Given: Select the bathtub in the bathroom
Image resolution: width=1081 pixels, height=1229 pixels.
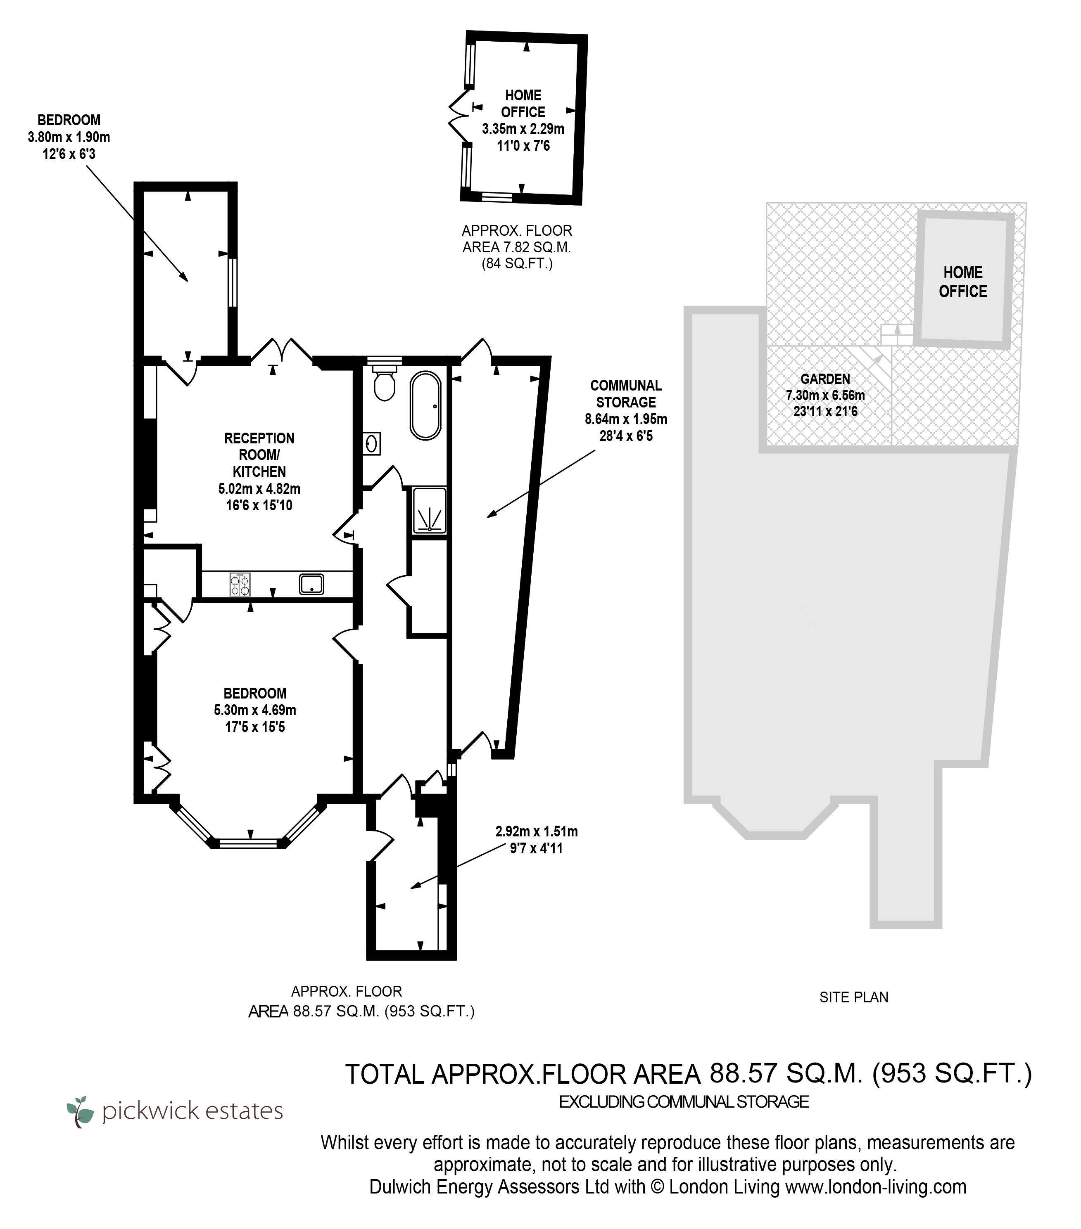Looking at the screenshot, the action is [425, 406].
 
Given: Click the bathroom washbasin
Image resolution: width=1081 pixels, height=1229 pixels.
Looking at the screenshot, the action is [372, 444].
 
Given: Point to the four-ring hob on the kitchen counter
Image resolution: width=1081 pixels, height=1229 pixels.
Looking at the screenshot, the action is [240, 585].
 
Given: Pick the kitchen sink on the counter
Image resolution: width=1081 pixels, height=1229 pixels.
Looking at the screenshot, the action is [311, 584].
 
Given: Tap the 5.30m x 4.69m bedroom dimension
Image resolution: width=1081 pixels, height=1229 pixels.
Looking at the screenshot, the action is [255, 710].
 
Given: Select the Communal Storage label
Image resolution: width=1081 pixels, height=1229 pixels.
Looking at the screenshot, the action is [626, 394].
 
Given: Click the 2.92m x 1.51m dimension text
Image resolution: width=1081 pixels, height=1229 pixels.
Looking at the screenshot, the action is [537, 831].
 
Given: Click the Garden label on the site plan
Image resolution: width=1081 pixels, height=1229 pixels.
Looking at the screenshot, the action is [825, 379].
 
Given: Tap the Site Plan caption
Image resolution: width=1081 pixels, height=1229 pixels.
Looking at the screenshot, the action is [854, 997].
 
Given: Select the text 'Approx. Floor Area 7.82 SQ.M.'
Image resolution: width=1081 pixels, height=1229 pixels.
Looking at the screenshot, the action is [517, 239].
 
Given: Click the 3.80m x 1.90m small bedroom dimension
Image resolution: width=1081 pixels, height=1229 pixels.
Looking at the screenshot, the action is [69, 137].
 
